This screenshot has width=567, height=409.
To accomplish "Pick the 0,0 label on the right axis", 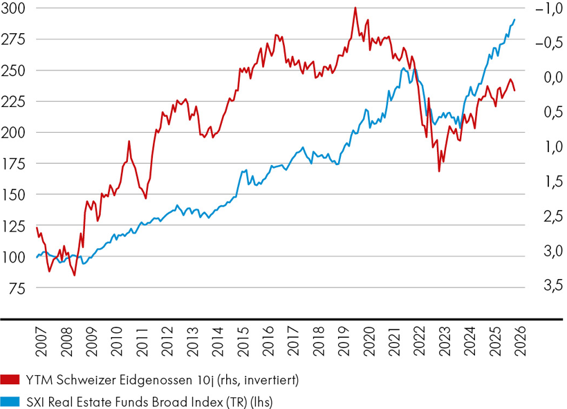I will tap(543, 77).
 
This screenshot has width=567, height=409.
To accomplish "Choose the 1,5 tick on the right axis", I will tap(543, 181).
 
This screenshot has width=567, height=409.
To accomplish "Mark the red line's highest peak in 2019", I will tap(355, 8).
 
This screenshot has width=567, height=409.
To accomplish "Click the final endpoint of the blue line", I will tap(515, 19).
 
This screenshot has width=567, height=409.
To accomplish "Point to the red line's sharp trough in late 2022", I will tap(439, 171).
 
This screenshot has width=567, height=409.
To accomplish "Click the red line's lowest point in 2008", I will tap(75, 276).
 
